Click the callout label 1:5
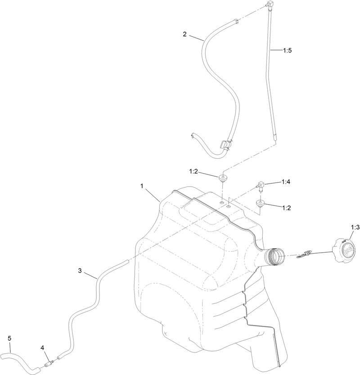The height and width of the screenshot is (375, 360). click(287, 50)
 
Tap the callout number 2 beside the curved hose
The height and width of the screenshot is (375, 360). click(184, 34)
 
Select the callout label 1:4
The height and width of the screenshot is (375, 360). click(286, 182)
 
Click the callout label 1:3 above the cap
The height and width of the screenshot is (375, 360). click(355, 228)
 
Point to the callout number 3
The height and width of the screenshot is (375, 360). click(80, 271)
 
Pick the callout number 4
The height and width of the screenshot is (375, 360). click(42, 348)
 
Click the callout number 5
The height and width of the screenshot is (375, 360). click(9, 338)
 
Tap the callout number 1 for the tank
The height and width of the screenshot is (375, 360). click(142, 186)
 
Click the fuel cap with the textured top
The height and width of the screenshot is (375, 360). click(344, 250)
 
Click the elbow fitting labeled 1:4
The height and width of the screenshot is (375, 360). click(260, 185)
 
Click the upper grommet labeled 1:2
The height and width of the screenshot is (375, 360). click(223, 179)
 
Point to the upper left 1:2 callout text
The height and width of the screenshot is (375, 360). click(193, 171)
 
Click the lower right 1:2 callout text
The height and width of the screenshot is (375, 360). click(286, 208)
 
